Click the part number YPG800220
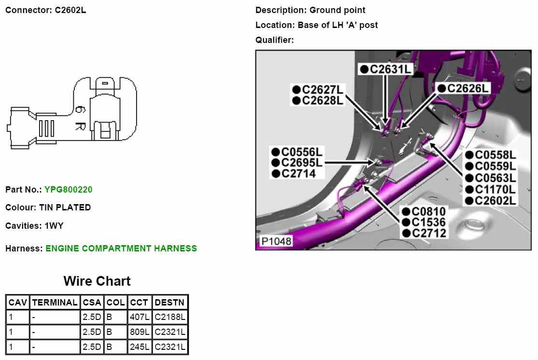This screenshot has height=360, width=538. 69,190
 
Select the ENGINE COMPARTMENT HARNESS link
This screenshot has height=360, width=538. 121,249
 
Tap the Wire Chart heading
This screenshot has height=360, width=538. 97,281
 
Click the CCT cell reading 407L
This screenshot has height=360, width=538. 140,317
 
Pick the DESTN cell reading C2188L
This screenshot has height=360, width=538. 170,317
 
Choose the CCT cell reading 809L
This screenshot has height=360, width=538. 140,332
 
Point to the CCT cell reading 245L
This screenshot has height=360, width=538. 140,347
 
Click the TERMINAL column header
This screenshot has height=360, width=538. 55,303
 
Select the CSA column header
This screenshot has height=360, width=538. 92,303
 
